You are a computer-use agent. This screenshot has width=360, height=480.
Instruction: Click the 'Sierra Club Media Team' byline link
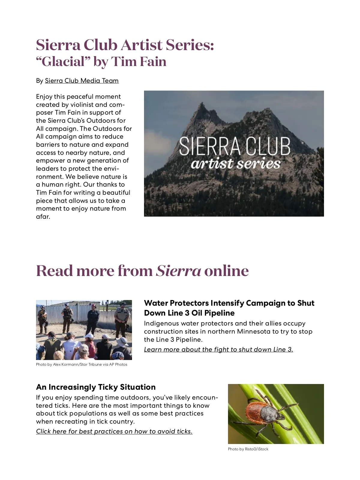[x=82, y=81]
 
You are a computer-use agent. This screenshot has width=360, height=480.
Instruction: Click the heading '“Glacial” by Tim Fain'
[x=101, y=62]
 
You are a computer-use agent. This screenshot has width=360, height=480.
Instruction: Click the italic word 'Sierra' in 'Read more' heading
[x=178, y=271]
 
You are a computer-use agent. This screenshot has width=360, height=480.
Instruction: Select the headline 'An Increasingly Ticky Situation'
[x=96, y=387]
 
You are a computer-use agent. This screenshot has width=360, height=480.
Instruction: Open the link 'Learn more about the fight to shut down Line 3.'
[x=218, y=349]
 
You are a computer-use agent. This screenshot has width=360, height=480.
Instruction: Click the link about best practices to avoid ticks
[x=114, y=431]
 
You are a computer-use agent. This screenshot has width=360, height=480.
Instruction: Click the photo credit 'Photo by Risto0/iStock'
[x=248, y=449]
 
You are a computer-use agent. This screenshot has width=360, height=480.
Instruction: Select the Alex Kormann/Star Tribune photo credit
[x=82, y=364]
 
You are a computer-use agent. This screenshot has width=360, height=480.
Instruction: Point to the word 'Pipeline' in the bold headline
[x=219, y=313]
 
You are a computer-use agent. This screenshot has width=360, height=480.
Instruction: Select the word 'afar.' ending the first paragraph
[x=43, y=217]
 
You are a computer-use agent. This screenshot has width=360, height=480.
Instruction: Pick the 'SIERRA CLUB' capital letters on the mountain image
[x=235, y=146]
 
